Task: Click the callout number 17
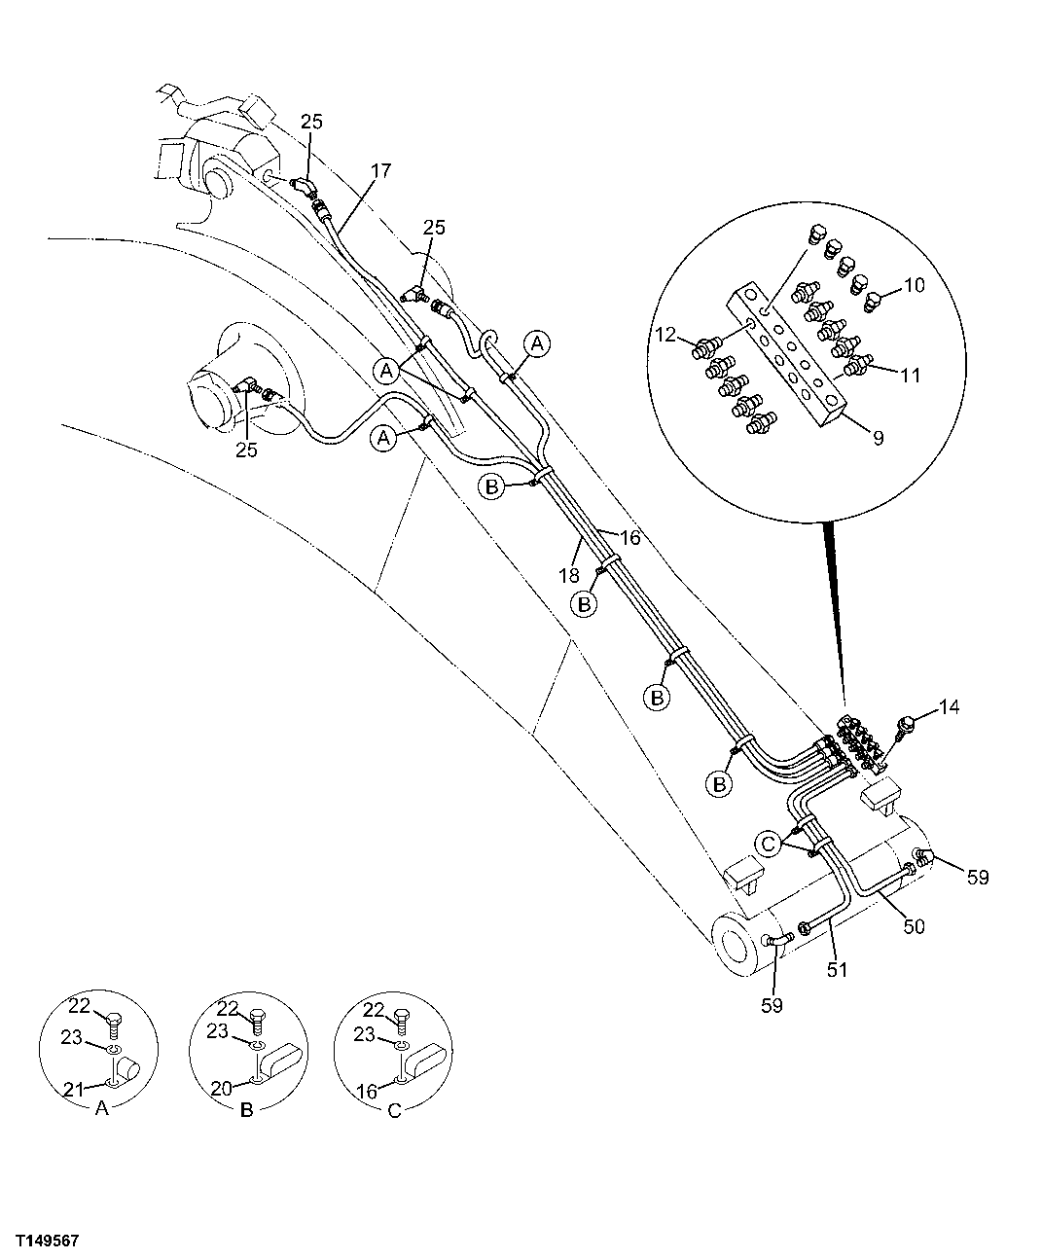(x=380, y=170)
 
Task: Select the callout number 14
(x=949, y=707)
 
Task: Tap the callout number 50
(x=913, y=926)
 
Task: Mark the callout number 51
(x=838, y=969)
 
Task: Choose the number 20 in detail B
(x=222, y=1089)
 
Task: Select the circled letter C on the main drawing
(x=770, y=844)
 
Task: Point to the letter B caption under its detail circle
(x=246, y=1111)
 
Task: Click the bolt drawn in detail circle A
(x=112, y=1020)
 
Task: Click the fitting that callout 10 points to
(x=873, y=296)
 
